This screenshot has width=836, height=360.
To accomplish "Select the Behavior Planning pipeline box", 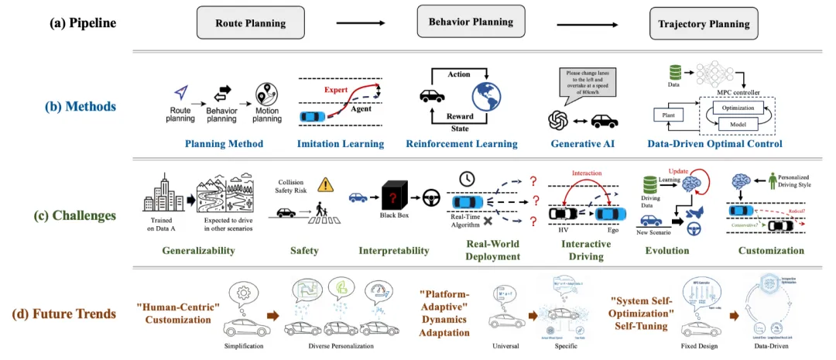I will pos(471,22).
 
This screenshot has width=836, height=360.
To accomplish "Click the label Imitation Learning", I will pos(340,144).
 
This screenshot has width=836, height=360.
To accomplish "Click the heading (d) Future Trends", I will pos(67,314).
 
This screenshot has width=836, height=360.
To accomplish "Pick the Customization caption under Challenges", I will pos(771,250).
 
